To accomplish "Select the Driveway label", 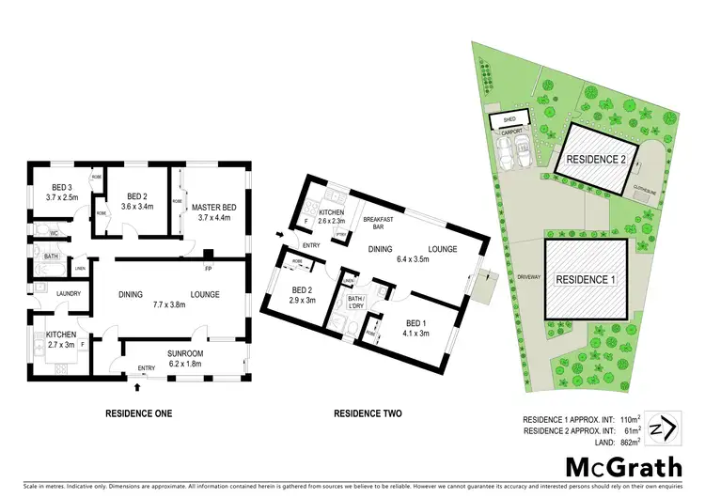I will tap(526, 278).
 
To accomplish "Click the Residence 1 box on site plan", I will tap(587, 280).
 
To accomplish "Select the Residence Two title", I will tap(368, 413).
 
